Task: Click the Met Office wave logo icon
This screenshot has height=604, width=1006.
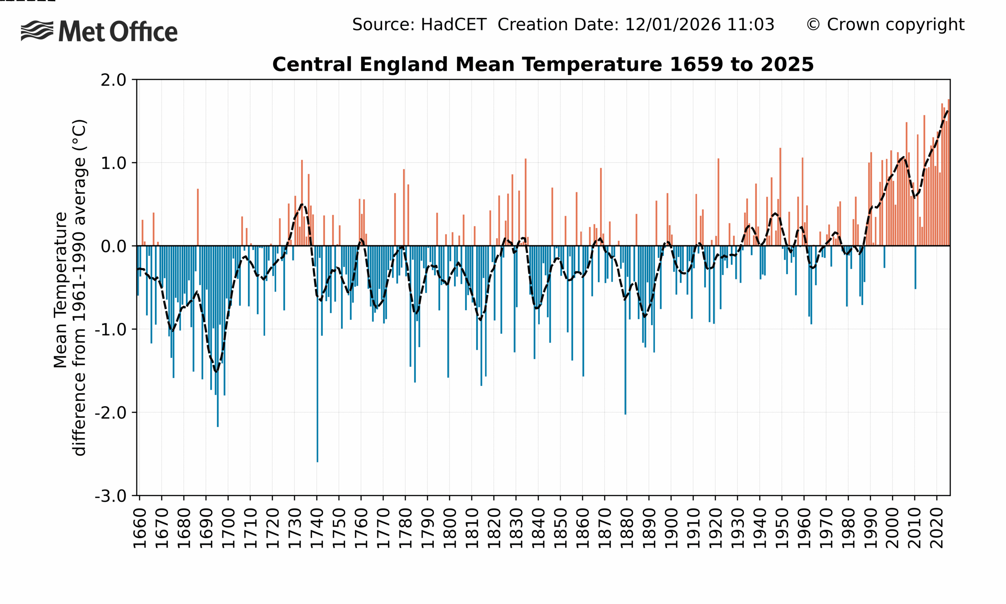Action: pos(37,31)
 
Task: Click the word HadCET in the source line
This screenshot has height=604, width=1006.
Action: pos(453,25)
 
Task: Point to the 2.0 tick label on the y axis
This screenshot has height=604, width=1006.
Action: pos(114,80)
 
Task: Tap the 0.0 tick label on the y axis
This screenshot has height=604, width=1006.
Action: pos(114,247)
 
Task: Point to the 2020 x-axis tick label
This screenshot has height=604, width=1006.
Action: pos(937,528)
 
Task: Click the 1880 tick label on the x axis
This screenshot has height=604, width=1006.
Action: pos(627,528)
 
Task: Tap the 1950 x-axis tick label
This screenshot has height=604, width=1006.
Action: pos(782,528)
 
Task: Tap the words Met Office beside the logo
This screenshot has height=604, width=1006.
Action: pos(118,32)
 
